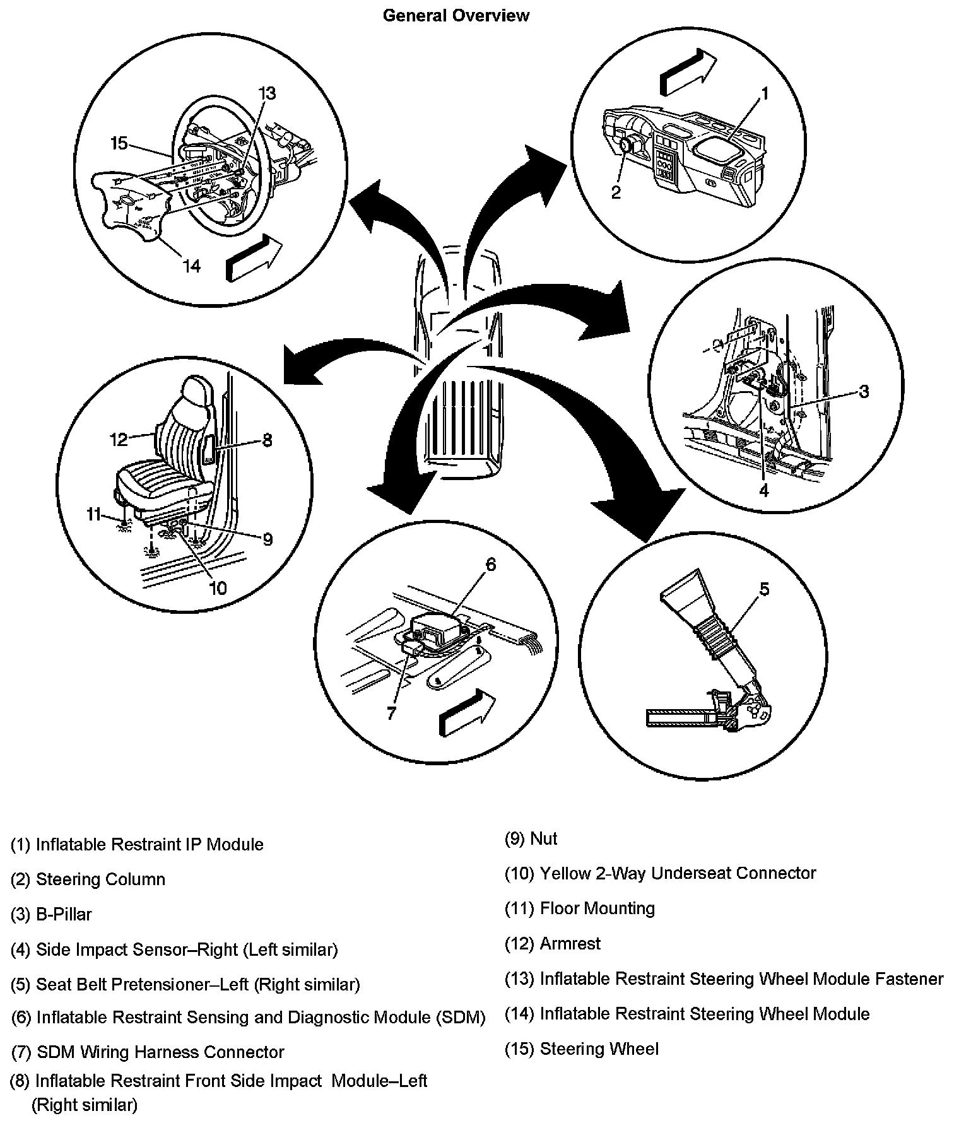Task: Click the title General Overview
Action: tap(456, 15)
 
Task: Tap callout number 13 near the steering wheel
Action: tap(267, 94)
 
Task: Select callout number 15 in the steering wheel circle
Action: tap(119, 144)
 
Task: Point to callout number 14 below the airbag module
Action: tap(191, 266)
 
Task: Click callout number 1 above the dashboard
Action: tap(764, 94)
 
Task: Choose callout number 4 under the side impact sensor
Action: tap(764, 490)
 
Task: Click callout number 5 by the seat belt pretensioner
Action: tap(764, 589)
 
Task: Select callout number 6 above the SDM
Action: tap(491, 563)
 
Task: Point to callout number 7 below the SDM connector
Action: tap(391, 713)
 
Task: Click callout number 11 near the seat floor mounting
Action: tap(93, 515)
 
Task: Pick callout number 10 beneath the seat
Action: tap(218, 588)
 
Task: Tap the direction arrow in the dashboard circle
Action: tap(688, 72)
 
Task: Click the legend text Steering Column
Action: tap(100, 879)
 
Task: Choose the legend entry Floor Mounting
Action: tap(597, 908)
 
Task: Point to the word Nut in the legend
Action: tap(544, 838)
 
